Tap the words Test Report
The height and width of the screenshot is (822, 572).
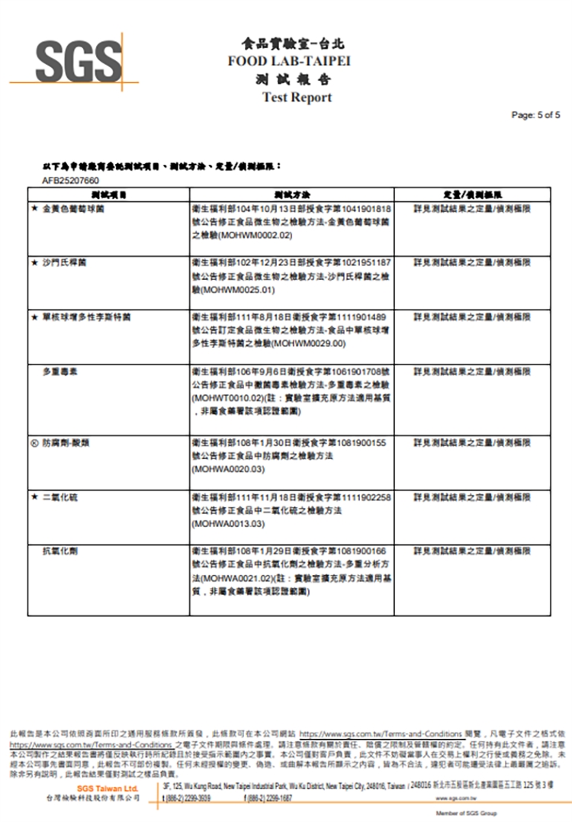tap(297, 98)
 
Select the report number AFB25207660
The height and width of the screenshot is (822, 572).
tap(71, 180)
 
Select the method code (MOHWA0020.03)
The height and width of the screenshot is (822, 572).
tap(228, 470)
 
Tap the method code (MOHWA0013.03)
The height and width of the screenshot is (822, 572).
tap(228, 525)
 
